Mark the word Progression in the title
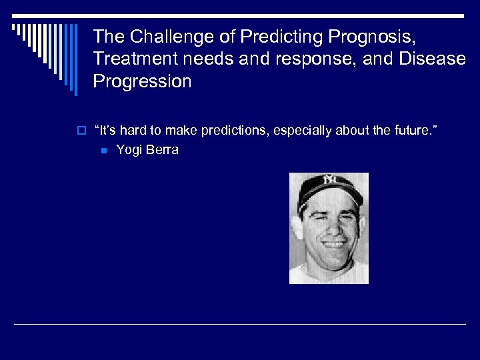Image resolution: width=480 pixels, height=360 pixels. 142,82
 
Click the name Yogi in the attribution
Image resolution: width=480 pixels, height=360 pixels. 129,150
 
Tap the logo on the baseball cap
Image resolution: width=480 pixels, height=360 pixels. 330,179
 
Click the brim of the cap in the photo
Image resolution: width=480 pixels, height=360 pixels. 329,197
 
